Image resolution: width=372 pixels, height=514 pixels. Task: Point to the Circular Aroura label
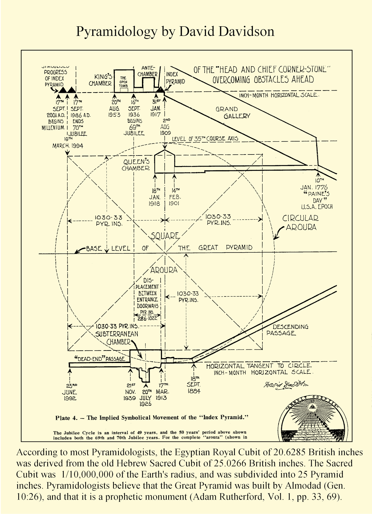300,222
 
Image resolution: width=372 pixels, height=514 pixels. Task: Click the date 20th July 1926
146,398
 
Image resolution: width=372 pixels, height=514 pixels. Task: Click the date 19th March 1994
68,143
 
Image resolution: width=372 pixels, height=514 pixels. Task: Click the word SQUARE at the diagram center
165,236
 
